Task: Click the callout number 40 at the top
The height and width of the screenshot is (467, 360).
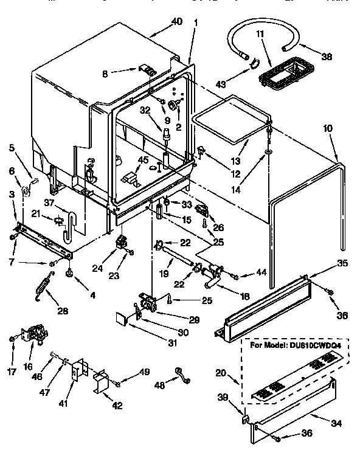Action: click(176, 21)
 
